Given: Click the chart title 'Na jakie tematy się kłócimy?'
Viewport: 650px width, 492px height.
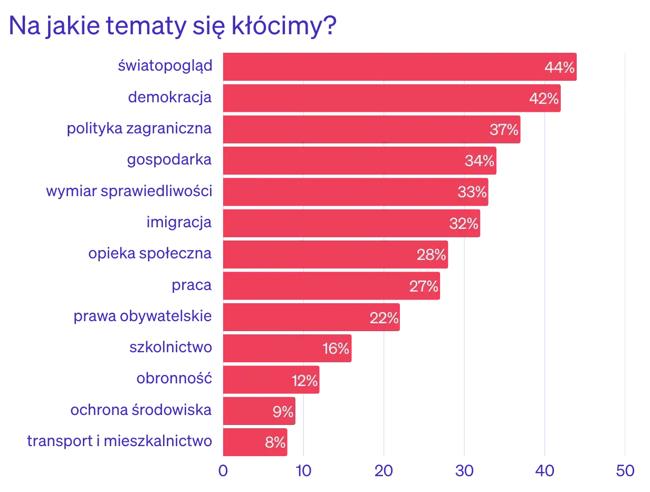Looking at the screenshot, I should (172, 28).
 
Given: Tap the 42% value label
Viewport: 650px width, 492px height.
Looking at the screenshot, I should (544, 99).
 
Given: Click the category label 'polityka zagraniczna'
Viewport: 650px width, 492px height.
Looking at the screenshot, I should (141, 129).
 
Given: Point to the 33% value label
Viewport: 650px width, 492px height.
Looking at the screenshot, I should (472, 192).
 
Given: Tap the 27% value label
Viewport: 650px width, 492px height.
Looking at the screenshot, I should (424, 286).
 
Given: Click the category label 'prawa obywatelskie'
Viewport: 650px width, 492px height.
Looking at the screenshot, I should (144, 317).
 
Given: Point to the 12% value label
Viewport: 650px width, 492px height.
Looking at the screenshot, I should (304, 380).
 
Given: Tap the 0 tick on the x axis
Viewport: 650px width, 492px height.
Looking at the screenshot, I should (223, 470).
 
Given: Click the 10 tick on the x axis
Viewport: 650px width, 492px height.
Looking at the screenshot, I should (303, 470).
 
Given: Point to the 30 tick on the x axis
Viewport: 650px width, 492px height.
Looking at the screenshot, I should (464, 470).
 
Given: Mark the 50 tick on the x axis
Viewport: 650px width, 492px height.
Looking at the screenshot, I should (625, 470).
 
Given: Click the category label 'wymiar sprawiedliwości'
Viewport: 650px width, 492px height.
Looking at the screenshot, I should (130, 191).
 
